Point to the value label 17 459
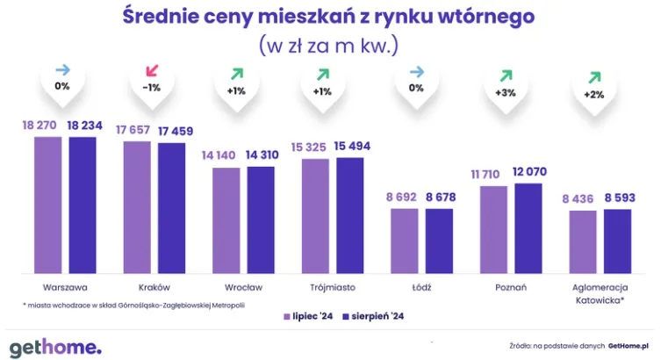(x=176, y=131)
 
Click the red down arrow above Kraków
(x=154, y=71)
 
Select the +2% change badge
(x=594, y=94)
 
